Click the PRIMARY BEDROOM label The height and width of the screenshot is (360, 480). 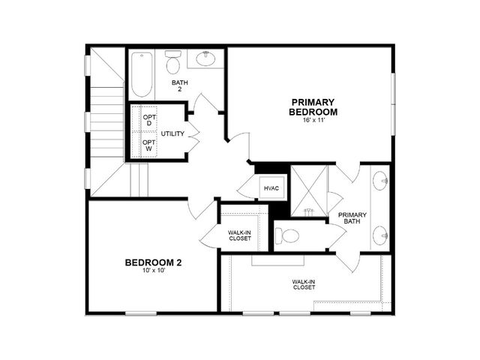click(313, 106)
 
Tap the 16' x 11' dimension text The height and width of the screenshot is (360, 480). click(313, 120)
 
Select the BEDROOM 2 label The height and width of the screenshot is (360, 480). click(153, 262)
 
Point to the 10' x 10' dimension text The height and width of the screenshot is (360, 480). click(154, 271)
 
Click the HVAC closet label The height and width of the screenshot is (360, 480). click(271, 188)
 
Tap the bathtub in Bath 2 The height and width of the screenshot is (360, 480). click(142, 75)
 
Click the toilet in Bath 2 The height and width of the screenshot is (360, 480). click(173, 62)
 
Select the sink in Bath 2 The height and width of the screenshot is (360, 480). click(205, 58)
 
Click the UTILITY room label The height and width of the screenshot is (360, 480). click(172, 133)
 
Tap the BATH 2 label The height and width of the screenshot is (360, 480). click(180, 85)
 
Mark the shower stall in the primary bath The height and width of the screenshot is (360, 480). click(308, 191)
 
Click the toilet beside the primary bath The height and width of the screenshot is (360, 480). click(287, 236)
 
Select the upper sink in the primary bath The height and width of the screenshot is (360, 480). click(380, 181)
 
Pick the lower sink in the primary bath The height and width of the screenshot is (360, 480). click(380, 235)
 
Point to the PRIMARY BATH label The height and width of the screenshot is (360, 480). click(352, 218)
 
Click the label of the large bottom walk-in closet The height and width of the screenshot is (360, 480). click(304, 284)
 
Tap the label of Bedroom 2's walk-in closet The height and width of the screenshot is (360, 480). click(240, 235)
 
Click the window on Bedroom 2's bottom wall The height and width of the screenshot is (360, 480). click(141, 313)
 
